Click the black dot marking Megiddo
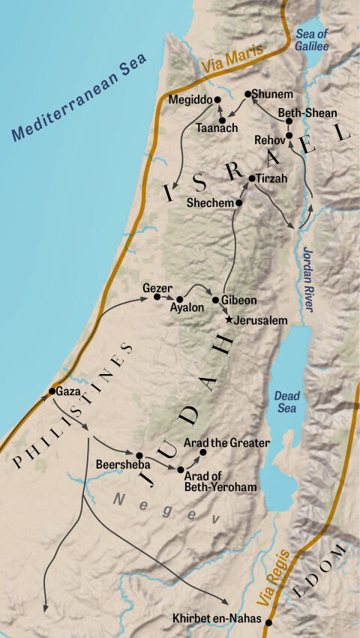point(218,99)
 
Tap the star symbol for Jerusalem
point(229,319)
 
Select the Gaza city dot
point(52,391)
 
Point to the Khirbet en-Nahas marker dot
point(268,622)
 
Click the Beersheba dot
point(139,454)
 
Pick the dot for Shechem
point(239,202)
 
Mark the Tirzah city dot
point(252,178)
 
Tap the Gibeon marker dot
point(216,300)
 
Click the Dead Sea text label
point(286,401)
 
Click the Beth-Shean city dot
point(289,121)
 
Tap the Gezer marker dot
point(157,297)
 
